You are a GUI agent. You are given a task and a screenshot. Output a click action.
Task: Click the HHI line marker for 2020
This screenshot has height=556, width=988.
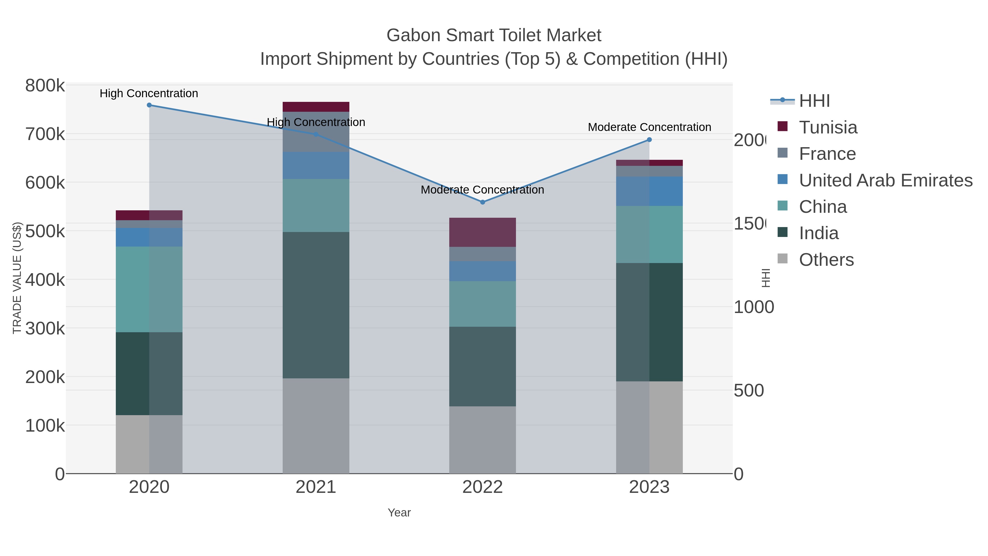[x=149, y=105]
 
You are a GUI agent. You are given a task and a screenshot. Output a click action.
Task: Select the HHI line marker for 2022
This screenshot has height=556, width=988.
[x=482, y=202]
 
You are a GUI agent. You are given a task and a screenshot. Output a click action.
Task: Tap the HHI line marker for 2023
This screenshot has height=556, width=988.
[x=649, y=140]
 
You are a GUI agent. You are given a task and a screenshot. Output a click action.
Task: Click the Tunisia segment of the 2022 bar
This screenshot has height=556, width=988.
[x=482, y=232]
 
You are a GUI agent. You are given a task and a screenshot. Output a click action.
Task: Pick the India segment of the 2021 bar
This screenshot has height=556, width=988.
[x=316, y=305]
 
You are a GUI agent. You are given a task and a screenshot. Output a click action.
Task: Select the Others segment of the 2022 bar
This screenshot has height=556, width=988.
[x=482, y=440]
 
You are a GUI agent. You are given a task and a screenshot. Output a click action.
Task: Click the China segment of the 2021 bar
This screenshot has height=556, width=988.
[x=316, y=205]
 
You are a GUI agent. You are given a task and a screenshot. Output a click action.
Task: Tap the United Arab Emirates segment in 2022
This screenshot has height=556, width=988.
[x=482, y=271]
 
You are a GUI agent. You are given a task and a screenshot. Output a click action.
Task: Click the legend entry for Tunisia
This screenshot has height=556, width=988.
[x=828, y=127]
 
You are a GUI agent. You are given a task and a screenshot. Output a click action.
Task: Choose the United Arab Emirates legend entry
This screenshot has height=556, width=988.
[x=885, y=180]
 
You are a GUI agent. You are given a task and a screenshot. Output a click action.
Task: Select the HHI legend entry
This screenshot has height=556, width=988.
[x=814, y=101]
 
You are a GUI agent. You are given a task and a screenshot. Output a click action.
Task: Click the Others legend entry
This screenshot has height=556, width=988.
[x=826, y=260]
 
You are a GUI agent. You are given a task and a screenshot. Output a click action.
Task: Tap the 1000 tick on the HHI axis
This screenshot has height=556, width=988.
[x=753, y=307]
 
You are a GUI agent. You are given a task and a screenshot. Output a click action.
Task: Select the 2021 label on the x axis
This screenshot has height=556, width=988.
[x=316, y=487]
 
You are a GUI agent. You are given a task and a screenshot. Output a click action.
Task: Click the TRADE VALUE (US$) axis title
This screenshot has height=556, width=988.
[x=17, y=278]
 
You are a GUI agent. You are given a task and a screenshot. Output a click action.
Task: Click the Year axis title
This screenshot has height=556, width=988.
[x=399, y=513]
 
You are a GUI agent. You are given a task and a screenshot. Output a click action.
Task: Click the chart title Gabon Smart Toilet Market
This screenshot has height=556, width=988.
[x=494, y=35]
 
